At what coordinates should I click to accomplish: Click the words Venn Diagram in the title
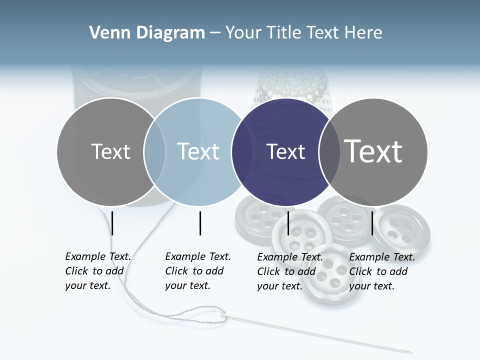point(147,33)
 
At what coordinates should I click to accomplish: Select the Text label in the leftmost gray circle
point(110,151)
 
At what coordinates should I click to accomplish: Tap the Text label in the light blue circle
point(198,151)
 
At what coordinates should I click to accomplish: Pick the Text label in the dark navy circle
point(285,151)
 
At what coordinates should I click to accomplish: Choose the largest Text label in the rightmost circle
point(373,151)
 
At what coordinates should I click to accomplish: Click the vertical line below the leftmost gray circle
point(112,223)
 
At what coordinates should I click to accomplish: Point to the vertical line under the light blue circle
point(200,223)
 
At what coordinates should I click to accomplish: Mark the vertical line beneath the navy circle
point(288,223)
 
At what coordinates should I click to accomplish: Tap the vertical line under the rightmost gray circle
point(372,223)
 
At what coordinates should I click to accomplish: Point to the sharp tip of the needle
point(411,351)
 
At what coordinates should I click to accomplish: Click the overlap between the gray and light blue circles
point(154,152)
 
